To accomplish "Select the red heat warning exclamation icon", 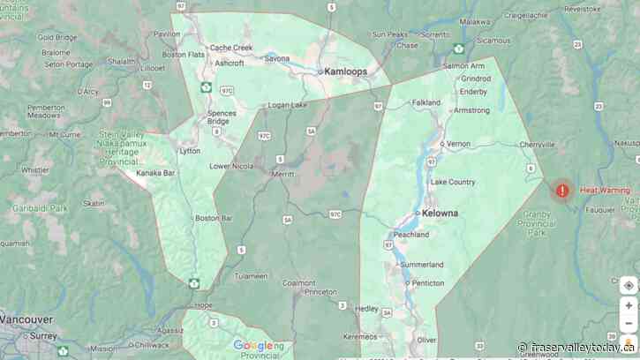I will click(562, 190).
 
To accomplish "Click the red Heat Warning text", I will click(605, 190).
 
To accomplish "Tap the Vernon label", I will click(458, 143).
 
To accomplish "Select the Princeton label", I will click(319, 291).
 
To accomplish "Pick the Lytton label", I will click(190, 151).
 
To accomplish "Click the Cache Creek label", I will click(230, 48).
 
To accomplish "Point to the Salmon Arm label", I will click(463, 66).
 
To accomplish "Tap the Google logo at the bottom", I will click(253, 346).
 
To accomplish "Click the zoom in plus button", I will click(629, 305).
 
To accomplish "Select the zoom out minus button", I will click(629, 322).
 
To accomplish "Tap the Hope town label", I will click(204, 304).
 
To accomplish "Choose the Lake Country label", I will click(453, 182).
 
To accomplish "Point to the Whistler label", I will click(35, 169).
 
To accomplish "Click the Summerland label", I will click(422, 264).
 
